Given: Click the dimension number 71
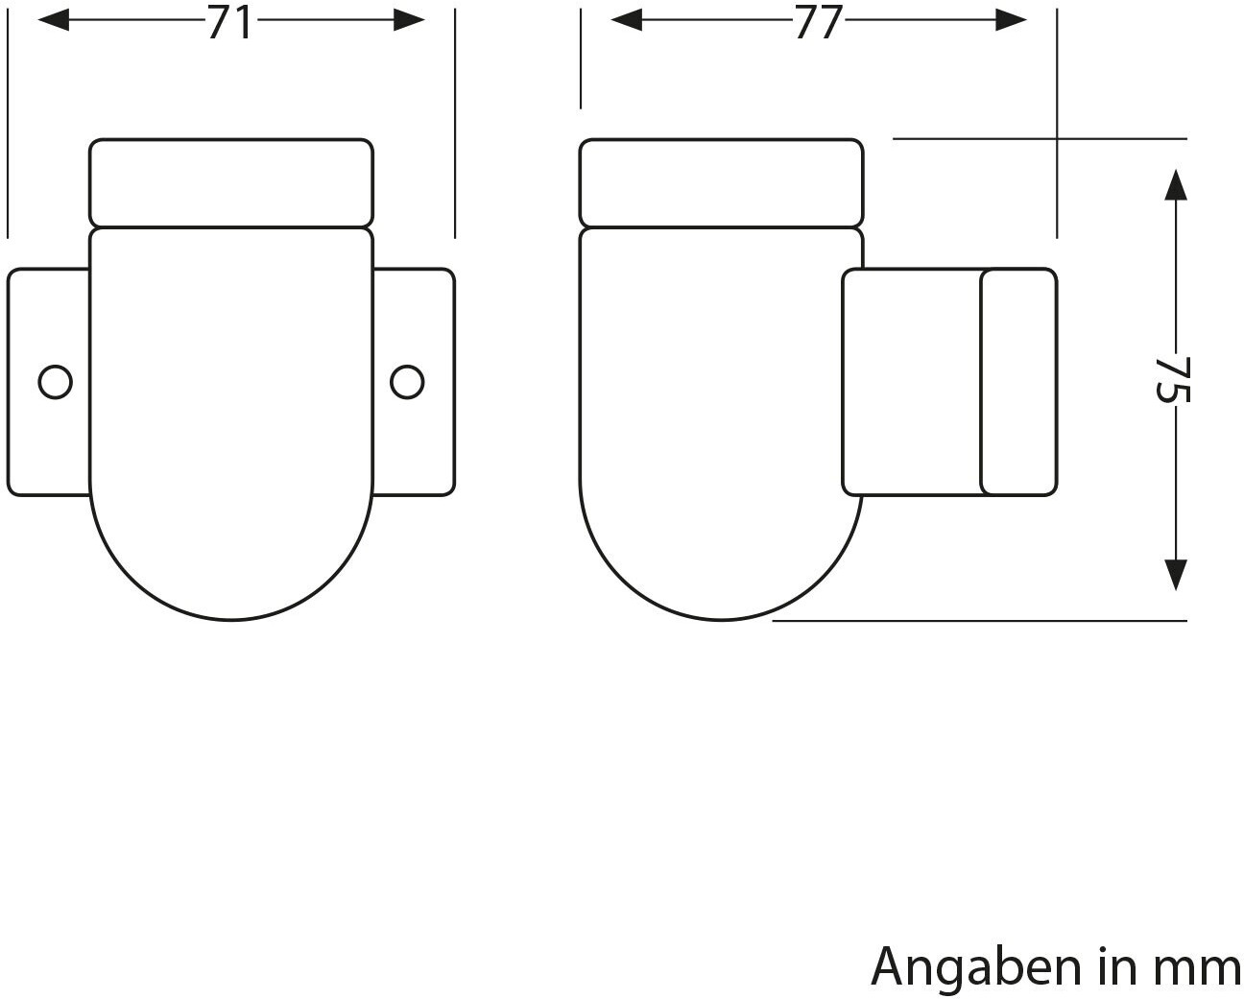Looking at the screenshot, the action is tap(230, 22).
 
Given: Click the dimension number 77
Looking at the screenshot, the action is tap(818, 22).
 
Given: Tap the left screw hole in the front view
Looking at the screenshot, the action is tap(55, 382).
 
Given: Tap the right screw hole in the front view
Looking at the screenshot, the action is tap(407, 382).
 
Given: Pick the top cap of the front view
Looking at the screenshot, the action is tap(230, 182).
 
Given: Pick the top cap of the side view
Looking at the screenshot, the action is tap(721, 182).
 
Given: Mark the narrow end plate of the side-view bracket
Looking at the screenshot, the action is tap(1018, 382).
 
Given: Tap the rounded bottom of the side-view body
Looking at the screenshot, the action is tap(722, 566).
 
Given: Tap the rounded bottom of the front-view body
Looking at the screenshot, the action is tap(230, 566).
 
